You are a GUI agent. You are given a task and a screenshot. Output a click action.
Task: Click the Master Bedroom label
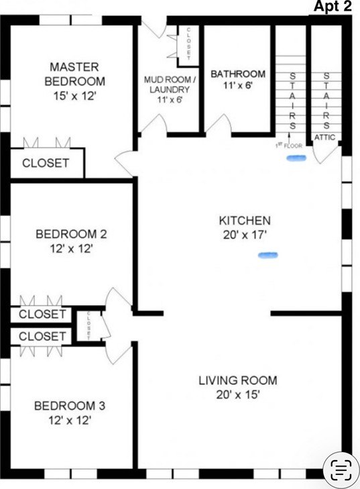click(x=75, y=74)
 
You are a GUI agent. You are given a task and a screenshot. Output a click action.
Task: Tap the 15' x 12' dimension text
click(x=74, y=96)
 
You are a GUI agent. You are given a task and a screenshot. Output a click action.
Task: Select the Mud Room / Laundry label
click(x=170, y=85)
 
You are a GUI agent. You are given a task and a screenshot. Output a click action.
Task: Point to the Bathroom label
click(x=238, y=74)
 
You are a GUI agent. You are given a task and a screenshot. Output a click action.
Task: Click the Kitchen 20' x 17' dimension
click(x=245, y=235)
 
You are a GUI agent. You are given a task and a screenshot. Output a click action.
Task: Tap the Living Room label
click(x=238, y=380)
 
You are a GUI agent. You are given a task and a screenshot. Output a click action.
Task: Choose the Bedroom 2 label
click(x=71, y=234)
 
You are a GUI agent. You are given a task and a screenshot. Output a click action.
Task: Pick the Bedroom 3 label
click(x=70, y=406)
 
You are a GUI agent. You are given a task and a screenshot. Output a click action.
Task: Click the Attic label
click(x=324, y=138)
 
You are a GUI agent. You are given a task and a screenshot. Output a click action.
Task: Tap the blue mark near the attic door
click(x=296, y=158)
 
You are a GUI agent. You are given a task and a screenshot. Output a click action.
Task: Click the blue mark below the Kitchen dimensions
click(x=268, y=256)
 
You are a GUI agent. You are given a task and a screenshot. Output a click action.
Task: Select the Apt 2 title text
click(x=333, y=6)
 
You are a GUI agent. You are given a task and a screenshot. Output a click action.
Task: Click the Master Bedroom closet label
click(x=46, y=163)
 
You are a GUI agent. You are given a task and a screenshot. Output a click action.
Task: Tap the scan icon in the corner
click(x=341, y=470)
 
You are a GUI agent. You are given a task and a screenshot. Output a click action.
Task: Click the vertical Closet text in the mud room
click(x=188, y=44)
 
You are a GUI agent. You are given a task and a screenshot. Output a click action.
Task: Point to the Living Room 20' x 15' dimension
click(x=238, y=395)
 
